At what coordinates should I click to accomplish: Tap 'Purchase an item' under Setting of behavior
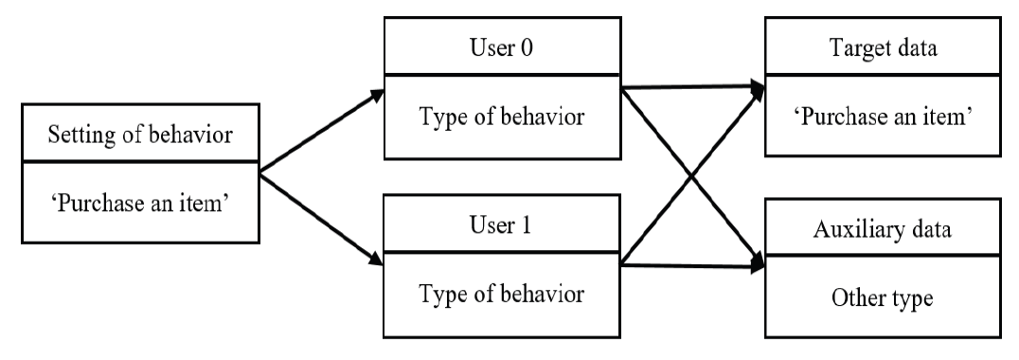pos(139,205)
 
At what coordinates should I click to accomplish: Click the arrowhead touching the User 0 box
pos(376,95)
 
